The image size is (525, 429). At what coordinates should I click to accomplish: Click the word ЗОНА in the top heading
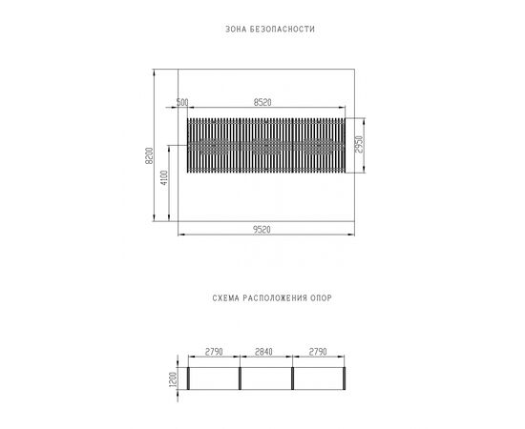(236, 30)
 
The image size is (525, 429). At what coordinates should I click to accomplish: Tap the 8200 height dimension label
(149, 155)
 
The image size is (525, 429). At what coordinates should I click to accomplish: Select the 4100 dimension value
(164, 177)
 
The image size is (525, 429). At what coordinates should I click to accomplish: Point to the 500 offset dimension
(182, 102)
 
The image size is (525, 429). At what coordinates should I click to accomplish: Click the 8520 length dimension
(262, 102)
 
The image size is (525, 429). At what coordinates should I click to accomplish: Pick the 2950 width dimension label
(359, 145)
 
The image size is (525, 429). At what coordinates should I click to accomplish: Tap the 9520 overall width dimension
(262, 230)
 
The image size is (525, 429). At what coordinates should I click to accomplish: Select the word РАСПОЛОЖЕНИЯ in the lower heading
(275, 298)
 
